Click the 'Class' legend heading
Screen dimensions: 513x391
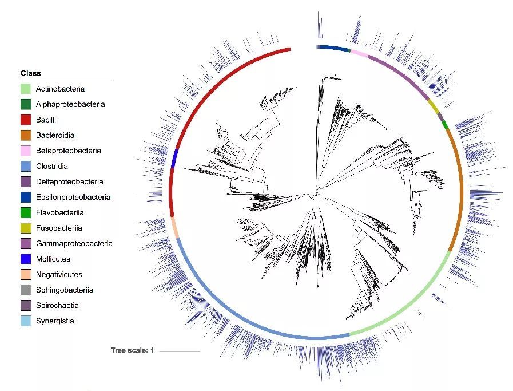click(31, 73)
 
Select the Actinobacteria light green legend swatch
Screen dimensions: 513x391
click(26, 89)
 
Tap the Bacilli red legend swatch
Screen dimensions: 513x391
click(26, 120)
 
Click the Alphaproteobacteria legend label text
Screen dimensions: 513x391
click(70, 104)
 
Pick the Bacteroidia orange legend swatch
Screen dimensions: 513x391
click(26, 135)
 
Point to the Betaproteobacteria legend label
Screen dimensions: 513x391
click(69, 151)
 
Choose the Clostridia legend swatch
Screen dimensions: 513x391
click(26, 167)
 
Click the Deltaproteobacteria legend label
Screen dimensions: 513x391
click(69, 181)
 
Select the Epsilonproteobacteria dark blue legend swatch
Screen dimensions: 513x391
click(26, 197)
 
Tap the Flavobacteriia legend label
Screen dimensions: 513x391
click(60, 213)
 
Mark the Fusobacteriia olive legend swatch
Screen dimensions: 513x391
click(26, 228)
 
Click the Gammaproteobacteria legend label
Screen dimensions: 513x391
click(74, 244)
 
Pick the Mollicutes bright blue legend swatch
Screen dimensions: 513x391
click(26, 259)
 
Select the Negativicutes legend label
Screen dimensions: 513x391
click(59, 274)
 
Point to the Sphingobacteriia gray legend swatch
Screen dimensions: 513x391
click(26, 290)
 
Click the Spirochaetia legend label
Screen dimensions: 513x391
click(57, 306)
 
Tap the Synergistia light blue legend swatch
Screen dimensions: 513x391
click(26, 321)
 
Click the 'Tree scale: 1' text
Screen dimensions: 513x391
click(132, 350)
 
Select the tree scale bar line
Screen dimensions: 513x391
click(180, 351)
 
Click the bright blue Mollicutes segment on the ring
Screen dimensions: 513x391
click(174, 159)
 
